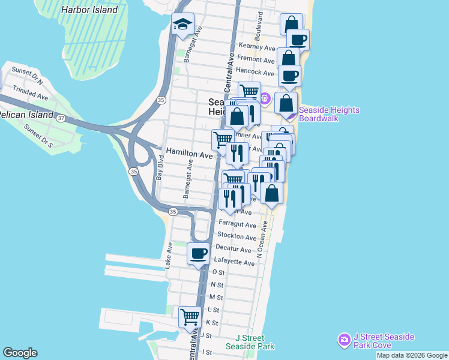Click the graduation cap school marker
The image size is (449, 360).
pos(182,25)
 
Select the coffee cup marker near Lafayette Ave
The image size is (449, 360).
pos(199,253)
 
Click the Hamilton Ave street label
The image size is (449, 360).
pos(189,154)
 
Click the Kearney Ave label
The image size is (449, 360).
pos(256,47)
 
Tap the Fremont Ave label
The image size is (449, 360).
pos(256,59)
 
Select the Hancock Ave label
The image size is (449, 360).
pos(255,71)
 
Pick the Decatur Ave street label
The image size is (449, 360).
pos(234,248)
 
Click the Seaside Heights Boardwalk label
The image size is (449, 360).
pos(329,114)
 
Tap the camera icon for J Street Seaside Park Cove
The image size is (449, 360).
pos(344,340)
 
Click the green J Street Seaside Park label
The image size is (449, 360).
pos(250,342)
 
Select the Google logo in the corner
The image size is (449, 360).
pos(20,353)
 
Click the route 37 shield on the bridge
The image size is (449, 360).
pos(61,118)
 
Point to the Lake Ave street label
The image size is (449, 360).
pos(169,255)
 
